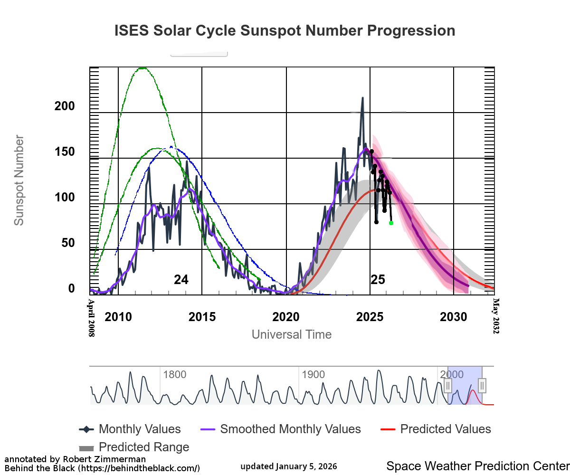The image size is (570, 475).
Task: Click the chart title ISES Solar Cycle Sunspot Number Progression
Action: (285, 31)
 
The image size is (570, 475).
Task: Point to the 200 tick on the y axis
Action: (65, 106)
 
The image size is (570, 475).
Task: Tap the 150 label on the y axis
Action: (65, 152)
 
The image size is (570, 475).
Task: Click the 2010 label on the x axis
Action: (118, 317)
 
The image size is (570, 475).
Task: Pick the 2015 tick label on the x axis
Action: (202, 317)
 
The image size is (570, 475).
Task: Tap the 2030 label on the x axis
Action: (454, 317)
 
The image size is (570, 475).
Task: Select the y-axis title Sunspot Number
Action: (19, 180)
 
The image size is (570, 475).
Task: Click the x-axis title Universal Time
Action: (291, 334)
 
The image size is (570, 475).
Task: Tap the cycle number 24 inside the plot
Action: (181, 280)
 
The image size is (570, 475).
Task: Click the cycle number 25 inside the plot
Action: (378, 280)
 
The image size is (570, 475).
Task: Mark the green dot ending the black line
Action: (391, 223)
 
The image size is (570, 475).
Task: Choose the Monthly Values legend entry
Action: (130, 429)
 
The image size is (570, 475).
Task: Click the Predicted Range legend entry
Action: (134, 447)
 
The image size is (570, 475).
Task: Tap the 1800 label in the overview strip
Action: (174, 374)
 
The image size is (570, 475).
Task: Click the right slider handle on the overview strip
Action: (482, 385)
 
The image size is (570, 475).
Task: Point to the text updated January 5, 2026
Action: (289, 466)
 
